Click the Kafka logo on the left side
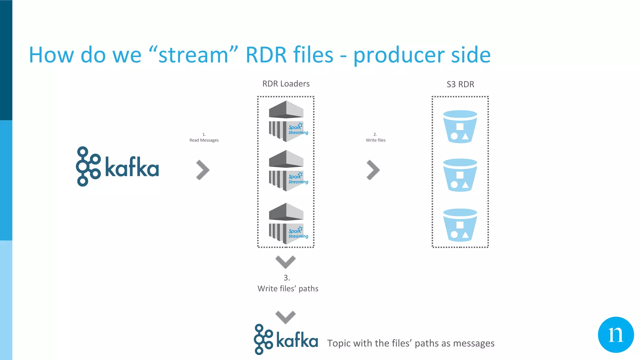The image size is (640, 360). pos(117,167)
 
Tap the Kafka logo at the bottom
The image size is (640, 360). pos(286,340)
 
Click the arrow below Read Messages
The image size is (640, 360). pos(203,170)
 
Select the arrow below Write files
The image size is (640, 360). pos(373,170)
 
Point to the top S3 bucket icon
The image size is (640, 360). pos(460,127)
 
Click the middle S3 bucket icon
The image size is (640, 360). pos(460,175)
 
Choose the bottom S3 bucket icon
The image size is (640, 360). pos(460,225)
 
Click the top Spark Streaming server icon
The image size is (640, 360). pos(287,121)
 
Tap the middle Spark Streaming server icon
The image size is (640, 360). pos(287,171)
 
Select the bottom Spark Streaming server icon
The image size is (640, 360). pos(287,223)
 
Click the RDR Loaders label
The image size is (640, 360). pos(286,84)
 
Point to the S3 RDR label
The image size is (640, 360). pos(460,84)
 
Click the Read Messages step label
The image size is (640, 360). pos(204,140)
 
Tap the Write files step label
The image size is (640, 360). pos(376,140)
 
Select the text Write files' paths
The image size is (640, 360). pos(288,288)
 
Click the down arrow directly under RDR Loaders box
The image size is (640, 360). pos(286,262)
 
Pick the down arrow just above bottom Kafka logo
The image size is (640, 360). pos(286,317)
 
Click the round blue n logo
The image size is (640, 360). pos(616,335)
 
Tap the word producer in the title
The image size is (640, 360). pos(399,55)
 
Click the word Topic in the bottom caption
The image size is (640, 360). pos(339,343)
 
